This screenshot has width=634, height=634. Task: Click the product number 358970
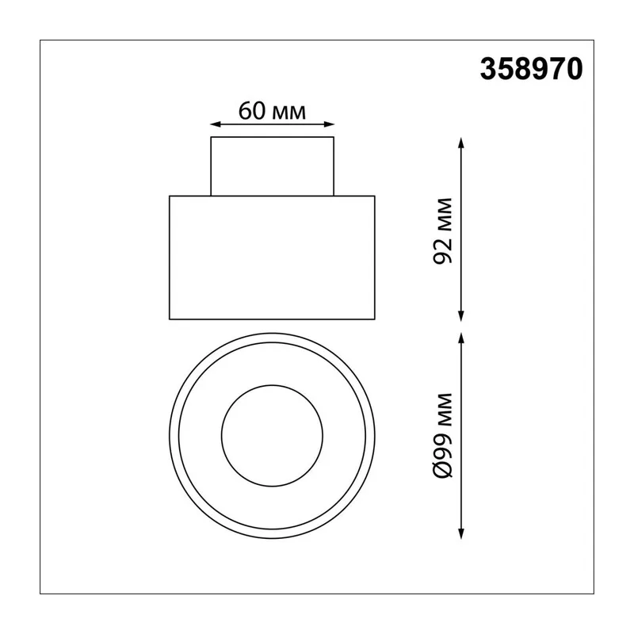pos(531,69)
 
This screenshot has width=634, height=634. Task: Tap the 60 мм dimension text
pos(272,111)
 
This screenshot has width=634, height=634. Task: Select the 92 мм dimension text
pos(442,231)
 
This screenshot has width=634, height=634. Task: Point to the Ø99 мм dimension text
pos(442,435)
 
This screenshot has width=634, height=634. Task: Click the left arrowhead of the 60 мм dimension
pos(215,124)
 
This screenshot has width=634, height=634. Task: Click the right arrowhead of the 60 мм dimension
pos(329,124)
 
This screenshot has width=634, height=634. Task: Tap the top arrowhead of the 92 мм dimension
pos(461,143)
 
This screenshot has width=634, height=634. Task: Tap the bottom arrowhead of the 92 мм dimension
pos(461,316)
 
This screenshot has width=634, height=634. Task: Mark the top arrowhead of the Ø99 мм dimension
pos(461,338)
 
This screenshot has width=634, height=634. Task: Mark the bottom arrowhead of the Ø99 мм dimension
pos(461,533)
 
